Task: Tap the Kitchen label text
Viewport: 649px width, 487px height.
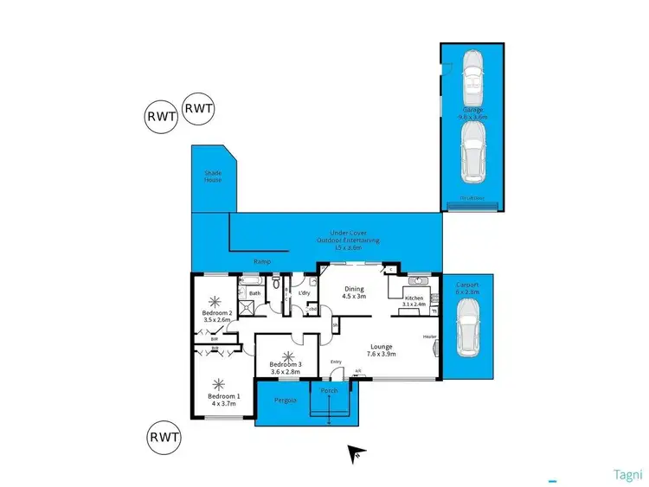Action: click(x=413, y=298)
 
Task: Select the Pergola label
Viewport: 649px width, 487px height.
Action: click(x=285, y=400)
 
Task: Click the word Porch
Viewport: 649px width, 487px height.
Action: click(x=329, y=391)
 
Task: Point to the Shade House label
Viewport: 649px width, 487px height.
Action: click(x=213, y=176)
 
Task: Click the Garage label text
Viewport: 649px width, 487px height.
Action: click(x=472, y=112)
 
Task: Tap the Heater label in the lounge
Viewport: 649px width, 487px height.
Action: click(x=427, y=336)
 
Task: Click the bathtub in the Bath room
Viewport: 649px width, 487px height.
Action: click(x=248, y=282)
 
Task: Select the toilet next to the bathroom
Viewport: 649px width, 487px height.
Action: click(x=274, y=283)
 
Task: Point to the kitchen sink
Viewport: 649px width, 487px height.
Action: click(x=416, y=280)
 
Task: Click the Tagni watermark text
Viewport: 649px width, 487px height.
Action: click(x=627, y=474)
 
